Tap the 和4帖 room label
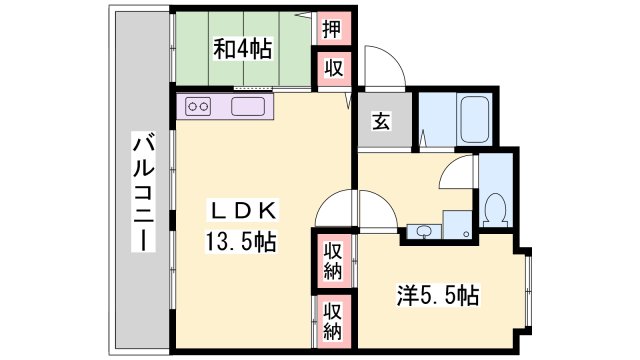pyautogui.click(x=242, y=48)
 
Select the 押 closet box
pyautogui.click(x=331, y=28)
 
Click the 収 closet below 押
pyautogui.click(x=331, y=69)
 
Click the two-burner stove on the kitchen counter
pyautogui.click(x=197, y=106)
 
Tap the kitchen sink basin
pyautogui.click(x=246, y=106)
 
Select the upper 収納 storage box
pyautogui.click(x=332, y=261)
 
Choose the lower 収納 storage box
pyautogui.click(x=332, y=320)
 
